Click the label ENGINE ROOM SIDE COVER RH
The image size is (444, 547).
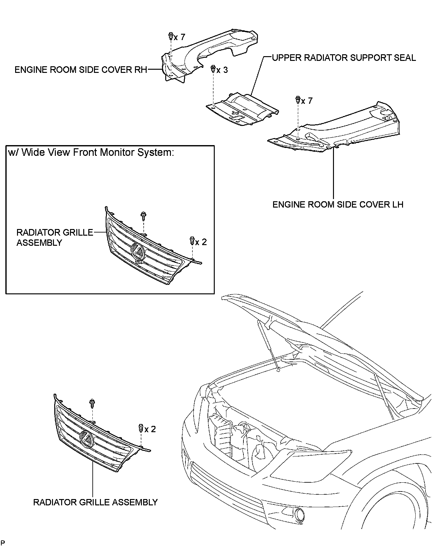81,70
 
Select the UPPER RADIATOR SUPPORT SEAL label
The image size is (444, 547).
344,58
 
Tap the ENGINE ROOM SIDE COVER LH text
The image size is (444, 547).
338,204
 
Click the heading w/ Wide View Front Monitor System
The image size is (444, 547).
91,152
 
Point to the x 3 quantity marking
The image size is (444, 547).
222,70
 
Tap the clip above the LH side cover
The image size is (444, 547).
297,100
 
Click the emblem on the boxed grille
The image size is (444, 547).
137,251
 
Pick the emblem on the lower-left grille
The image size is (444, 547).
87,439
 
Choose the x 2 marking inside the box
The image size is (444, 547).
201,242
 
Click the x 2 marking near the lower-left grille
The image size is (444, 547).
150,429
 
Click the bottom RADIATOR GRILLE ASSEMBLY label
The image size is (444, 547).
95,502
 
